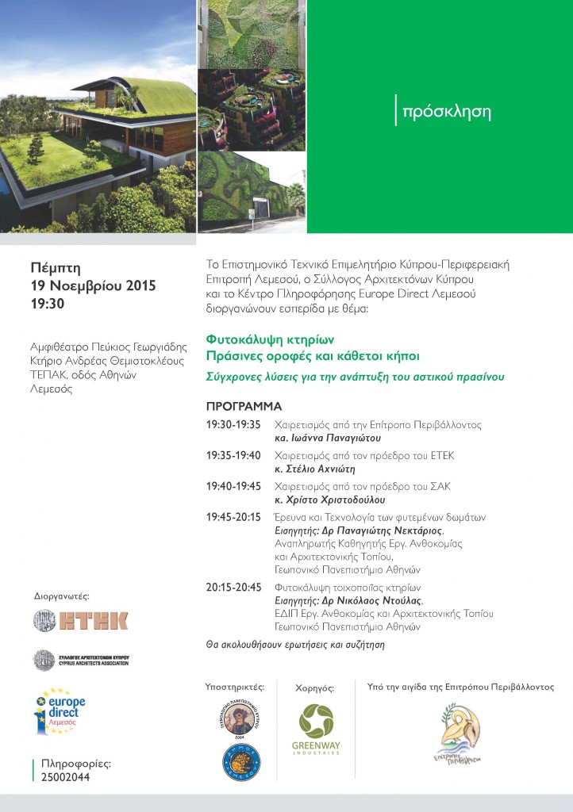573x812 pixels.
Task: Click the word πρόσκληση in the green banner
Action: (x=447, y=112)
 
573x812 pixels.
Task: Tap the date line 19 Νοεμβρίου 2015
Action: (x=93, y=285)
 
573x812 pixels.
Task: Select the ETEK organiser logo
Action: (x=80, y=620)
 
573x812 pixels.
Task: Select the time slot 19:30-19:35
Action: (x=233, y=425)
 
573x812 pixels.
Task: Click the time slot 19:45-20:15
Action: (x=233, y=517)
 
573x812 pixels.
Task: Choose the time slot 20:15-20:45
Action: (x=233, y=588)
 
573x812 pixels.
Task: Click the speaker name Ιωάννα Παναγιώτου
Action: (x=327, y=437)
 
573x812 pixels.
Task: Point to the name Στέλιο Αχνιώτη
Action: (x=315, y=468)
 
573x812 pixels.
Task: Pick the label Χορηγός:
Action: (x=314, y=688)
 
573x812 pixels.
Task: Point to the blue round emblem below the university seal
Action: (x=241, y=760)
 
